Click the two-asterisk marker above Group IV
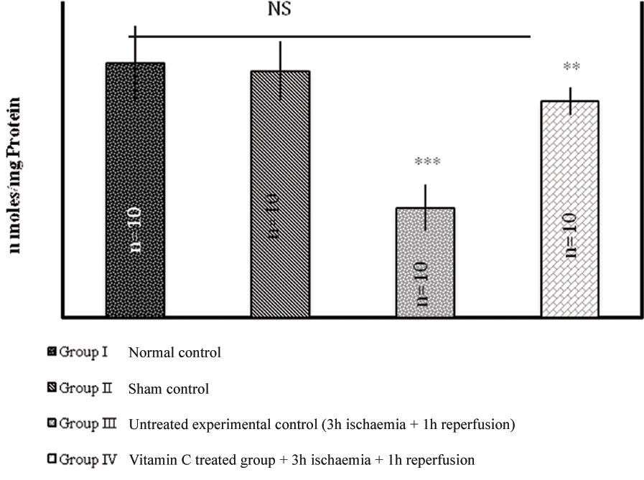571,67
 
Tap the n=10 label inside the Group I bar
135,228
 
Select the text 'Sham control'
169,390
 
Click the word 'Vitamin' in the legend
149,459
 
